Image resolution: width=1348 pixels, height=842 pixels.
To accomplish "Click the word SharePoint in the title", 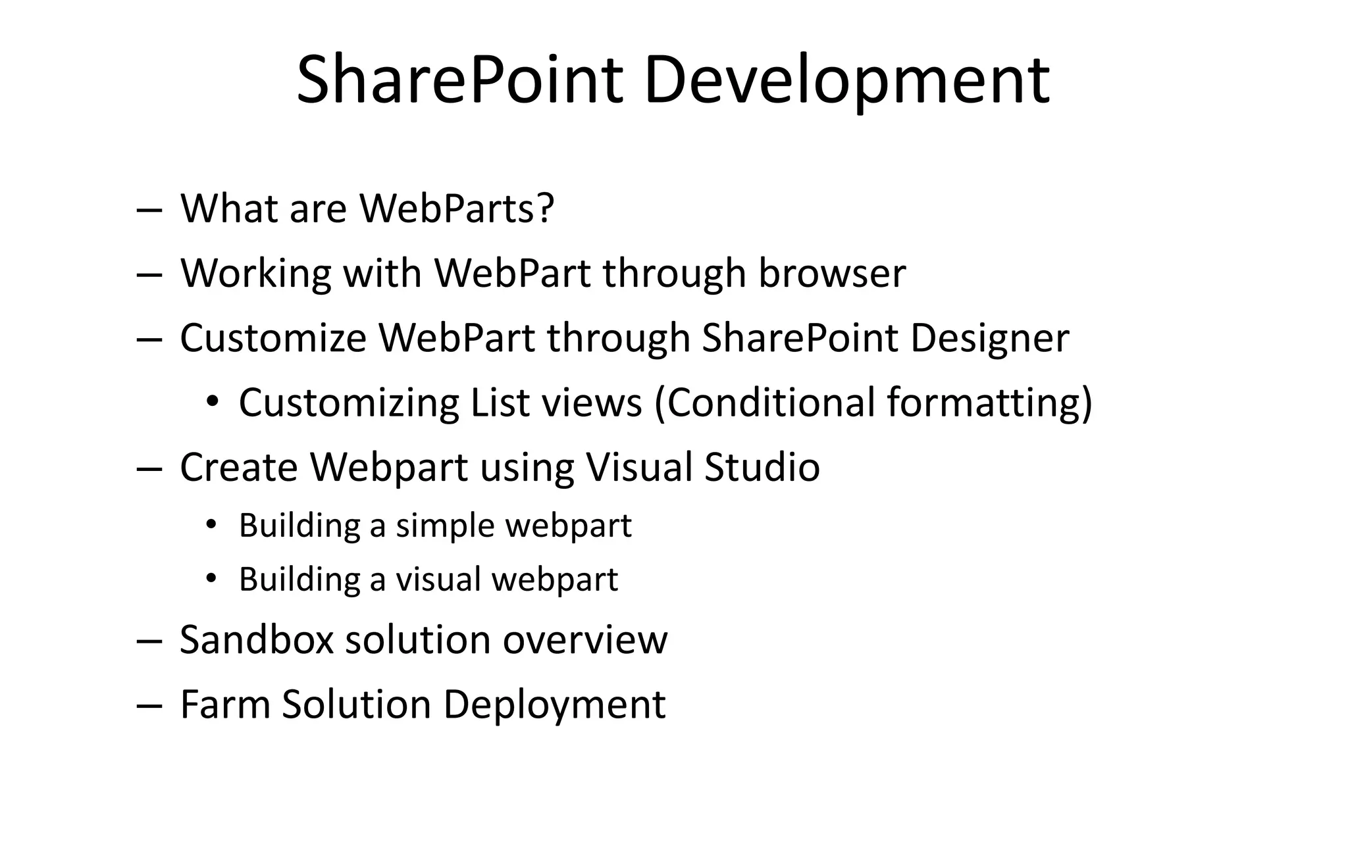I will [459, 80].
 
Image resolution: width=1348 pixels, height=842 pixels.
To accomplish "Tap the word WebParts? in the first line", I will [457, 209].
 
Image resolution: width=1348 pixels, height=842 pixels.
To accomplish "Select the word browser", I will [832, 273].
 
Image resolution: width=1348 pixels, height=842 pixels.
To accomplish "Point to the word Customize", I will [273, 338].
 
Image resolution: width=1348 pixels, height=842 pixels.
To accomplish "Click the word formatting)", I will [989, 403].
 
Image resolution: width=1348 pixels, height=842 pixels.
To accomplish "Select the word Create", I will [238, 467].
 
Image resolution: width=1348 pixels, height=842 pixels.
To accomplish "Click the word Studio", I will [762, 467].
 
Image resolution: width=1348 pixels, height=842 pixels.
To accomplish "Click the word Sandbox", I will [256, 639].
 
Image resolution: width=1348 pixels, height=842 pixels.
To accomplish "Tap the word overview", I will [585, 639].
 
